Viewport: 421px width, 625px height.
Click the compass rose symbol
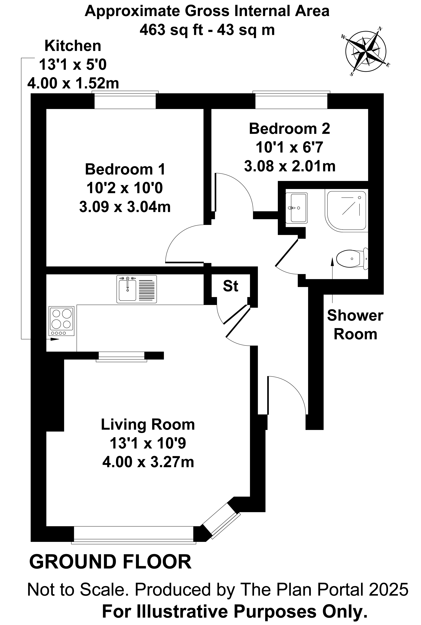pyautogui.click(x=366, y=51)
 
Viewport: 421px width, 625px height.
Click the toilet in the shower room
pyautogui.click(x=352, y=258)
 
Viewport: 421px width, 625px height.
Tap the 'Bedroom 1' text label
pyautogui.click(x=125, y=169)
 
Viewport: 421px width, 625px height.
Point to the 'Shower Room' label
pyautogui.click(x=355, y=325)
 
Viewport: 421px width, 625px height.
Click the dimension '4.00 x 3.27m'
pyautogui.click(x=148, y=462)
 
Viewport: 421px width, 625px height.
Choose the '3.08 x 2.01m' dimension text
pyautogui.click(x=290, y=166)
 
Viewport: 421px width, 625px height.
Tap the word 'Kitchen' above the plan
pyautogui.click(x=73, y=46)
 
